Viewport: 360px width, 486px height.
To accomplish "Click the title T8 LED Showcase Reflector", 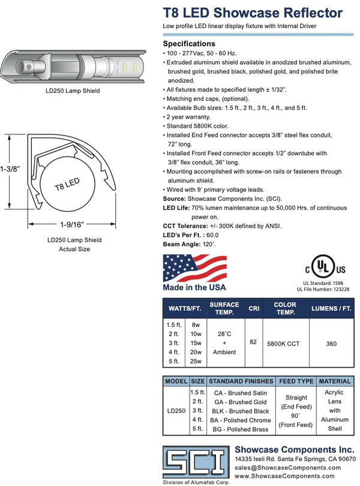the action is tap(253, 13).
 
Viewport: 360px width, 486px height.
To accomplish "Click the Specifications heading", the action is tap(189, 44).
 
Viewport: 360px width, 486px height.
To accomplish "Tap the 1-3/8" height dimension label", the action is tap(10, 169).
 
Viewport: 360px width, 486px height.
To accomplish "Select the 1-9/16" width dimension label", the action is tap(72, 224).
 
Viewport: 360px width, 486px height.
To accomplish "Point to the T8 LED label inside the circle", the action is tap(67, 184).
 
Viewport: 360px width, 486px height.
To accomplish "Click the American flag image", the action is tap(195, 268).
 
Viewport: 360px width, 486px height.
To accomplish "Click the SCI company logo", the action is tap(196, 462).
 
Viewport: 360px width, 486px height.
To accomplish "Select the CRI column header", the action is tap(254, 308).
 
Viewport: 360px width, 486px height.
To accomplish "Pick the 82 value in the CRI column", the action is tap(253, 341).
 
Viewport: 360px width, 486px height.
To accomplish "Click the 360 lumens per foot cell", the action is tap(331, 344).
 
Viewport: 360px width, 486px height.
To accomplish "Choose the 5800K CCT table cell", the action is tap(283, 344).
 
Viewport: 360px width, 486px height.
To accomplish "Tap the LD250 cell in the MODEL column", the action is tap(176, 410).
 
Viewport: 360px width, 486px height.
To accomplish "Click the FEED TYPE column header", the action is tap(296, 381).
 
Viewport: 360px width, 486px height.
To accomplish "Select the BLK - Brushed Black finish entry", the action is tap(241, 411).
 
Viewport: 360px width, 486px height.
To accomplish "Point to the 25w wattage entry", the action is tap(196, 361).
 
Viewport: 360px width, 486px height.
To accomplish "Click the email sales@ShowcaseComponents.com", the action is tap(288, 467).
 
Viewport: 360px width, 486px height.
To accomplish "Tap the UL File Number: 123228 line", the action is tap(323, 289).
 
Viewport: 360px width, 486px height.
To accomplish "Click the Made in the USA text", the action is tap(194, 287).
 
